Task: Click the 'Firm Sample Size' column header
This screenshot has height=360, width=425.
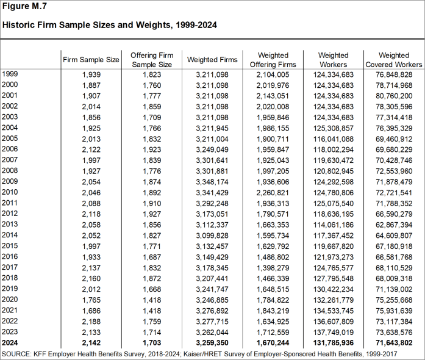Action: [91, 60]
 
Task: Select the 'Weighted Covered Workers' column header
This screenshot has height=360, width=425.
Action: [393, 60]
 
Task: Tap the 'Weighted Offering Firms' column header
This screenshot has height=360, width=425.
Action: [273, 60]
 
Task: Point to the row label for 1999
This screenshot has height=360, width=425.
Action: [10, 74]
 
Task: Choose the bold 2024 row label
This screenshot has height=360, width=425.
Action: [10, 343]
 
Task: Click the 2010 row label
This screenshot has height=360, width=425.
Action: [10, 192]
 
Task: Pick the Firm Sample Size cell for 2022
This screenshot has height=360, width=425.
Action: [91, 321]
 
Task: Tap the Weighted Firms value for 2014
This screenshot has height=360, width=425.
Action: [212, 235]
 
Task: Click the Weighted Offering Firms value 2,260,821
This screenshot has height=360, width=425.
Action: [273, 192]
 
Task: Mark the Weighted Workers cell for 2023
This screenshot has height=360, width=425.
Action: [333, 332]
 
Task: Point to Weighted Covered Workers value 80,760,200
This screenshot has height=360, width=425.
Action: [393, 96]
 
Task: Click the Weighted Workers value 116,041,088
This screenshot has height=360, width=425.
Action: [333, 139]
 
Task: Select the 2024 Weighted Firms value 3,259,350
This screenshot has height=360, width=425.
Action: [212, 343]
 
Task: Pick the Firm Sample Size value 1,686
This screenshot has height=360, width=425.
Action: [91, 310]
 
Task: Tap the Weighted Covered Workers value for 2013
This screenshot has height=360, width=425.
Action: [393, 225]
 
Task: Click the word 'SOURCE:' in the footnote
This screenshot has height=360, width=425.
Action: [18, 354]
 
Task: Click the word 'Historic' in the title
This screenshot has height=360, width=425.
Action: [19, 26]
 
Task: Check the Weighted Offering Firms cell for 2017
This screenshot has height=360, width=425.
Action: [273, 267]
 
